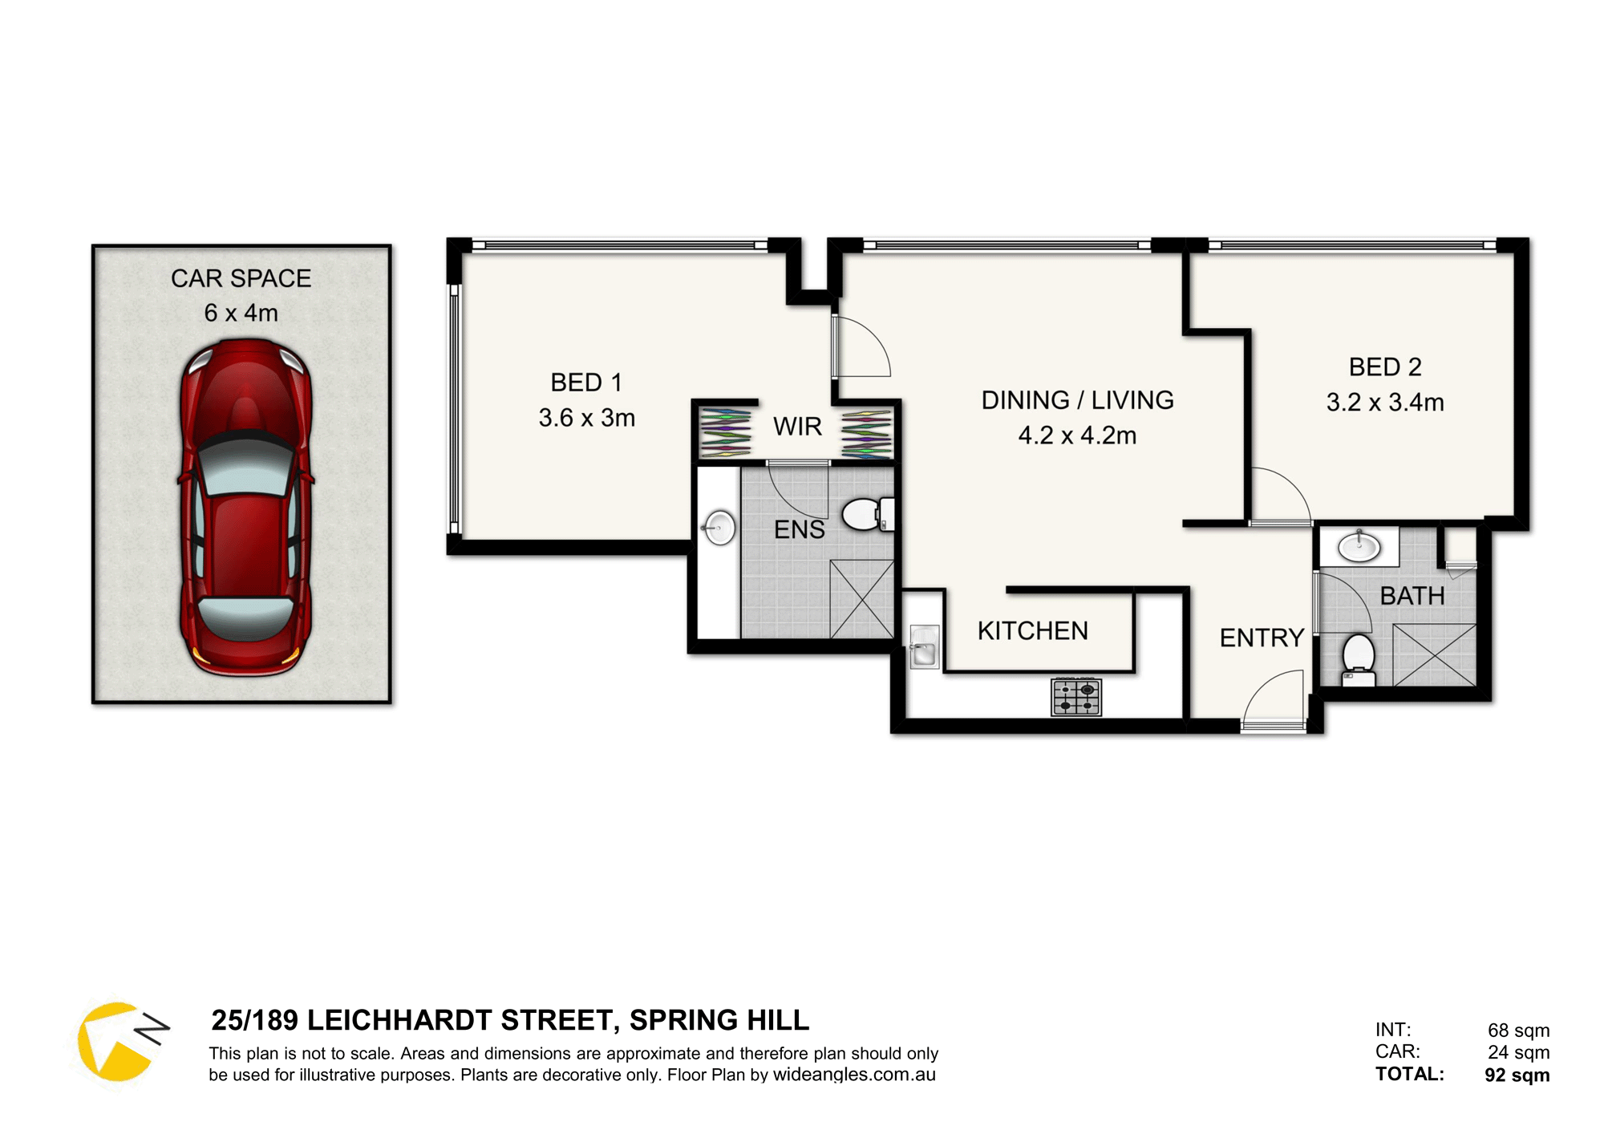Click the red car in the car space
click(x=245, y=508)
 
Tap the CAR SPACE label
click(x=241, y=278)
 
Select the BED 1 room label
click(x=586, y=383)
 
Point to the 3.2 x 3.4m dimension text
click(x=1385, y=402)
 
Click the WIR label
click(x=797, y=427)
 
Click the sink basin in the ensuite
click(x=719, y=528)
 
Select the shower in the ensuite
click(x=861, y=599)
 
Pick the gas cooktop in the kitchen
click(x=1076, y=696)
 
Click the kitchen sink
click(x=924, y=647)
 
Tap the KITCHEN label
click(x=1032, y=631)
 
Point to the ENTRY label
click(x=1262, y=638)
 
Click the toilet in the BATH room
click(x=1358, y=659)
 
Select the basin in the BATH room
click(x=1359, y=547)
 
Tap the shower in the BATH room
click(x=1434, y=654)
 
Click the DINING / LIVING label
click(x=1077, y=400)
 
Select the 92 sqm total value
click(x=1517, y=1075)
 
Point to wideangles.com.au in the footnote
click(x=854, y=1075)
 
